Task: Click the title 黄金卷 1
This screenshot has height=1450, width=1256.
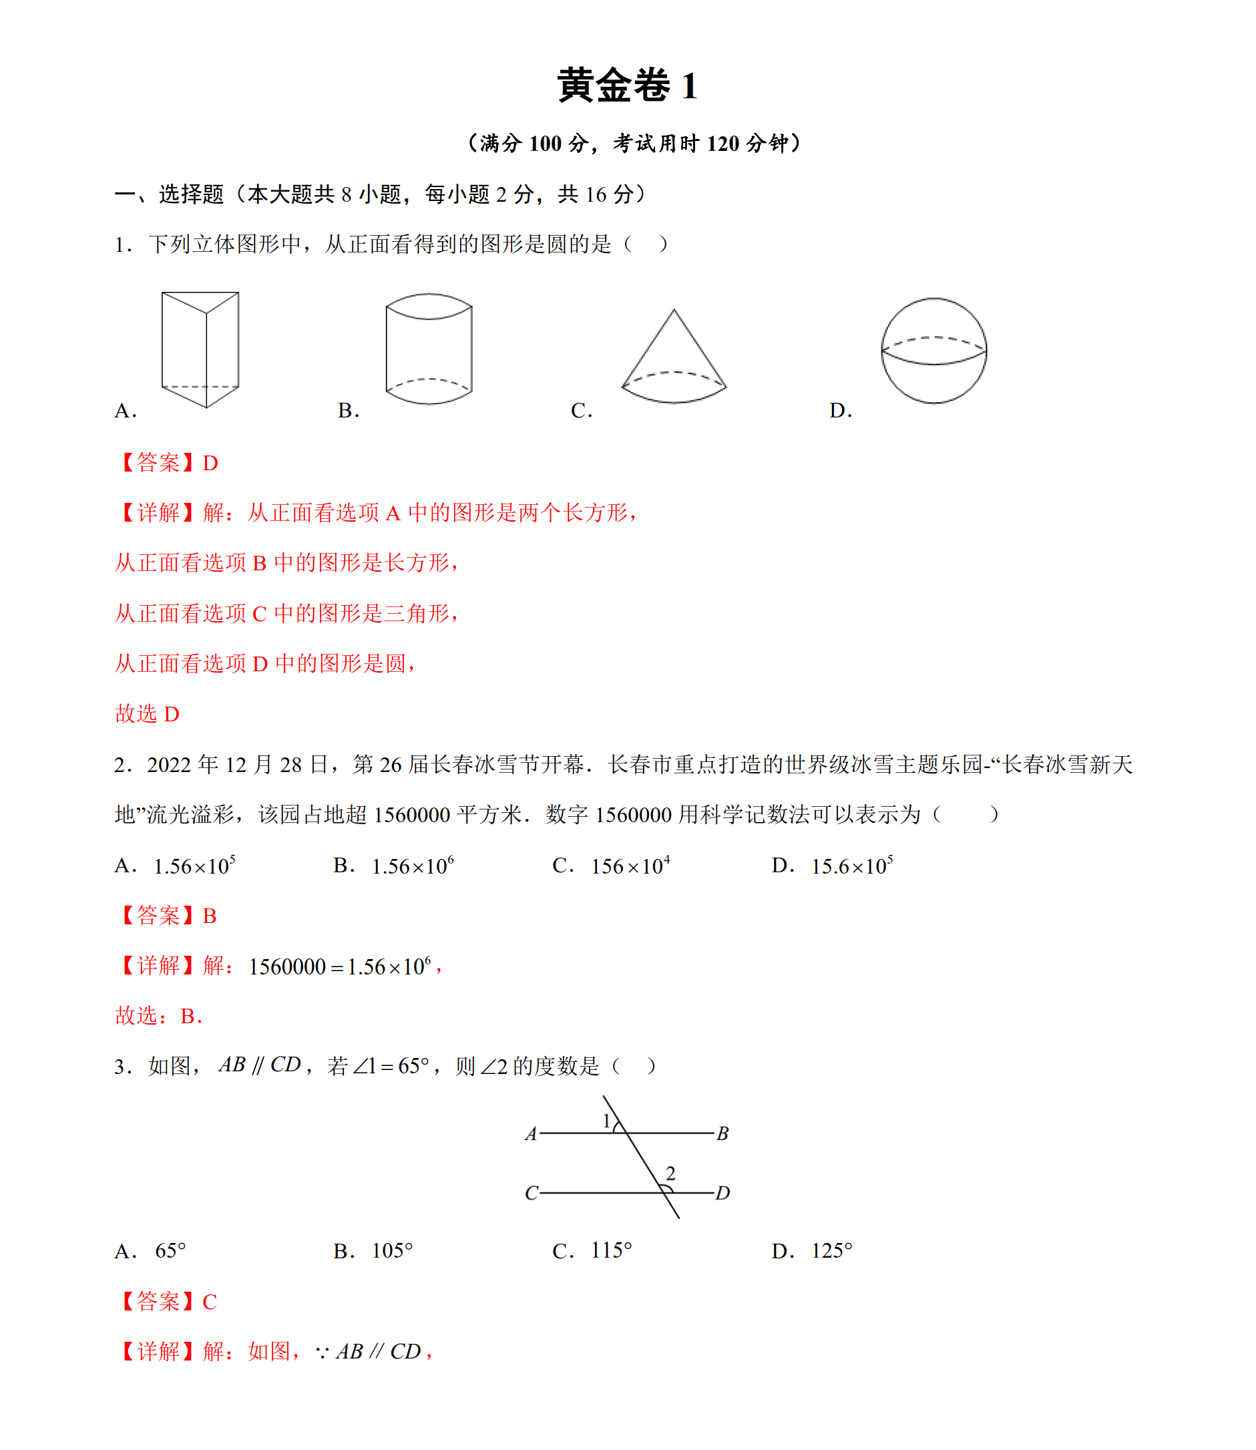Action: pos(627,86)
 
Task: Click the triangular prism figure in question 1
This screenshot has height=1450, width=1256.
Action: pos(200,349)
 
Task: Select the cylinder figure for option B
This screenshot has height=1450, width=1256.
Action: pos(429,349)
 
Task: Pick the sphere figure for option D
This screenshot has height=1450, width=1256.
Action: pos(933,351)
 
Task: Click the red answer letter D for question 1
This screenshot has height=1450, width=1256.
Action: pos(210,464)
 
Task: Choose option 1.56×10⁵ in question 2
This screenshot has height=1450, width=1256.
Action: pos(194,866)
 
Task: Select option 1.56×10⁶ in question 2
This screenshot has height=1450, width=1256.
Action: pos(412,866)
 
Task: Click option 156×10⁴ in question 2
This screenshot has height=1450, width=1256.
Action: pos(630,866)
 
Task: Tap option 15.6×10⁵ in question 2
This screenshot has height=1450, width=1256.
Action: pos(851,866)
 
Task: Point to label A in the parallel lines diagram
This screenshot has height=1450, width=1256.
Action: pos(532,1134)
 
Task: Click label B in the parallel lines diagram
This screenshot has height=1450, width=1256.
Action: pos(722,1134)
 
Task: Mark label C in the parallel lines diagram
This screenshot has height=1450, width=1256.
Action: pos(532,1194)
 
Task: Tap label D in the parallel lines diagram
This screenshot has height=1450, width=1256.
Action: pos(722,1194)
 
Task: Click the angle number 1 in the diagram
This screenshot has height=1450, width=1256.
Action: pos(607,1121)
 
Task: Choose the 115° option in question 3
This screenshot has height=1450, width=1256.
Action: pos(611,1251)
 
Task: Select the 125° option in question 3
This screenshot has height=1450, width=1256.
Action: pos(831,1251)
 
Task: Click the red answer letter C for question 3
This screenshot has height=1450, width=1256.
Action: pos(210,1302)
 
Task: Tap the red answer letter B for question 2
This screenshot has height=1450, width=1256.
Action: pos(210,916)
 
